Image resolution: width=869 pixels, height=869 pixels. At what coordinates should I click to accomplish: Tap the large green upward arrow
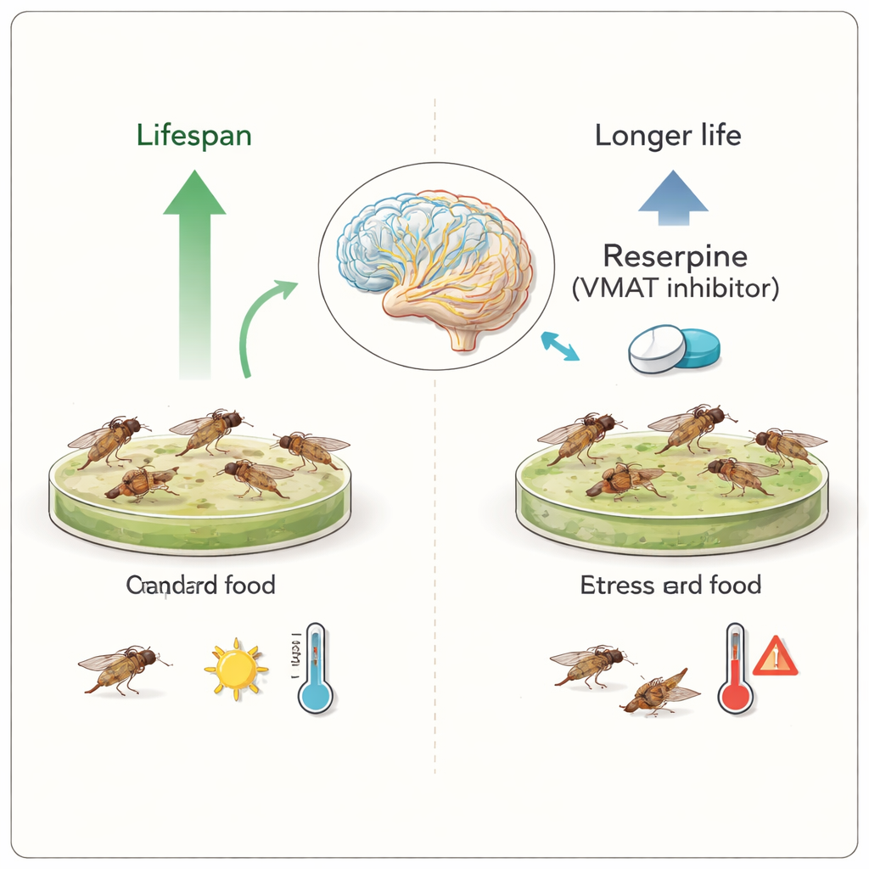coord(193,272)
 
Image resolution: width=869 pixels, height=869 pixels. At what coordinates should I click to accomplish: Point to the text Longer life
coord(668,136)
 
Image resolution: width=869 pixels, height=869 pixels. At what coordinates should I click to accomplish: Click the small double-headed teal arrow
coord(560,345)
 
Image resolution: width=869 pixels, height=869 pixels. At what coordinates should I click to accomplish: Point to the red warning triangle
coord(776,656)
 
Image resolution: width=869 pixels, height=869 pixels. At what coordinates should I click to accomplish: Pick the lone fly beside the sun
coord(122,667)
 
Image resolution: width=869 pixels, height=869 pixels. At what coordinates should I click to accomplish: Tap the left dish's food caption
coord(200,585)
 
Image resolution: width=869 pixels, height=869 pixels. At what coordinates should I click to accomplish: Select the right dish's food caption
coord(670,585)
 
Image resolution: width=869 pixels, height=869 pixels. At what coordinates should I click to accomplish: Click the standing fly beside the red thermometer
coord(590,663)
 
